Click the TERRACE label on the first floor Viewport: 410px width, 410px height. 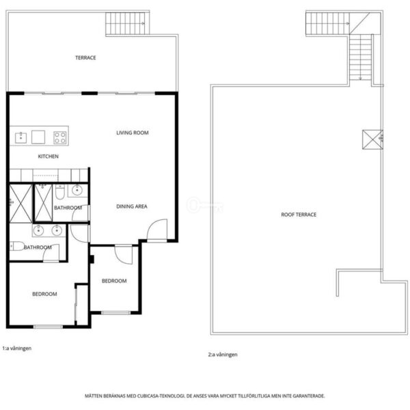click(x=85, y=57)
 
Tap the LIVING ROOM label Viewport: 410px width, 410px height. click(x=133, y=133)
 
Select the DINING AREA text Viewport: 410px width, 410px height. click(x=132, y=206)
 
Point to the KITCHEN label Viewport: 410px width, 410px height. click(x=49, y=156)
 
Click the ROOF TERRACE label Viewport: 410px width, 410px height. click(x=299, y=215)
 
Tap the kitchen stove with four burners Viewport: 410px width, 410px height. click(x=60, y=137)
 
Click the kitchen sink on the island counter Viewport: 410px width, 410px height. click(x=21, y=137)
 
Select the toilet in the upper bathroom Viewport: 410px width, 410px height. click(x=60, y=192)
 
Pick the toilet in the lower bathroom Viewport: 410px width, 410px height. click(x=17, y=246)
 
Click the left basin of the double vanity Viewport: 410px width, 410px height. click(x=38, y=230)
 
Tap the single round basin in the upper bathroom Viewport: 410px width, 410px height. click(x=77, y=190)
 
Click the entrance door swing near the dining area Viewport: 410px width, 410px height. click(x=157, y=230)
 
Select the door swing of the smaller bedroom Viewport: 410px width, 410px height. click(x=124, y=255)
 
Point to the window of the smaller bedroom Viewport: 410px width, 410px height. click(x=116, y=313)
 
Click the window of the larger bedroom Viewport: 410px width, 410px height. click(x=48, y=327)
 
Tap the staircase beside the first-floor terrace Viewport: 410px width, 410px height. click(x=127, y=23)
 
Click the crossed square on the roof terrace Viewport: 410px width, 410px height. click(x=372, y=139)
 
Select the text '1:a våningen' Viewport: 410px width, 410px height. click(x=17, y=348)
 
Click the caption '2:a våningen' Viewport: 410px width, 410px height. click(x=223, y=355)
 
